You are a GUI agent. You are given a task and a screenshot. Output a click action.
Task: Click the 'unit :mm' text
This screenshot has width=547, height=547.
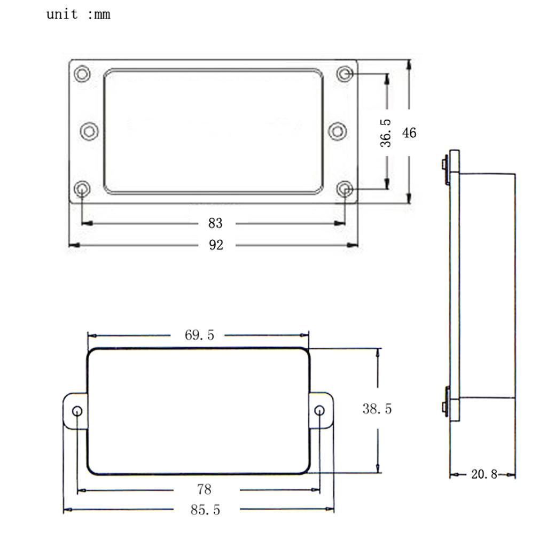pyautogui.click(x=79, y=14)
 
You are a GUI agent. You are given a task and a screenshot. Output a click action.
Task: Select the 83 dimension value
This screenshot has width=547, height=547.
pyautogui.click(x=215, y=223)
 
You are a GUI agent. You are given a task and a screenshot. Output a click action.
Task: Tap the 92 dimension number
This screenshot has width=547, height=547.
pyautogui.click(x=216, y=245)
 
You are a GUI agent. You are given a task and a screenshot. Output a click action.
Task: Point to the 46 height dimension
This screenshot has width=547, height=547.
pyautogui.click(x=409, y=133)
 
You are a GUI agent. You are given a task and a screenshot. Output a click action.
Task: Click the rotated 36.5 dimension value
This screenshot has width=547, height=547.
pyautogui.click(x=386, y=133)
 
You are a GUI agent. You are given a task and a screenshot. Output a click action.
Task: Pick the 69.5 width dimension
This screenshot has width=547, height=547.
pyautogui.click(x=199, y=335)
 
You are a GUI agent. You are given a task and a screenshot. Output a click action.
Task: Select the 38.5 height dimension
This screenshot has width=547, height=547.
pyautogui.click(x=377, y=409)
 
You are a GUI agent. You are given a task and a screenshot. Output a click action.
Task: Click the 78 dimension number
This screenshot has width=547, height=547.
pyautogui.click(x=204, y=489)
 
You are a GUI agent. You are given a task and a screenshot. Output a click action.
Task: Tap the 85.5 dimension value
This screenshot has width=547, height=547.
pyautogui.click(x=205, y=510)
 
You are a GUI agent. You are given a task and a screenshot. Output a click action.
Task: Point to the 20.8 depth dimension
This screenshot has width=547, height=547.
pyautogui.click(x=484, y=474)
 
